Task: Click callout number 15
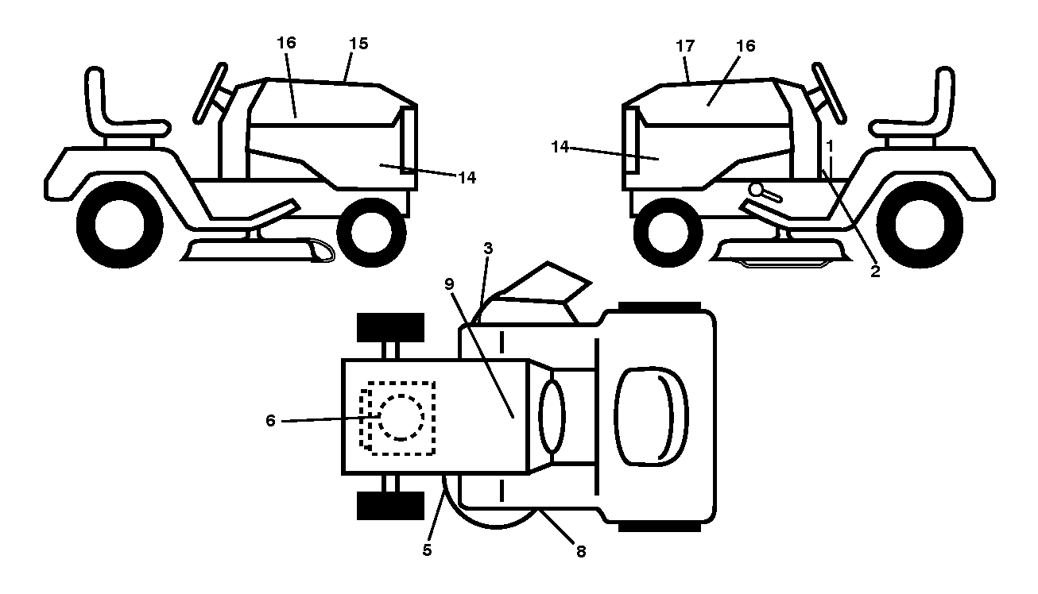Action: [x=358, y=44]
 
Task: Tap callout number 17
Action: [x=685, y=46]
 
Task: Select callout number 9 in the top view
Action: [x=449, y=284]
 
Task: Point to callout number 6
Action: [x=270, y=420]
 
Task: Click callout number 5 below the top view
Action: [x=428, y=550]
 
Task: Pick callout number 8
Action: [x=581, y=551]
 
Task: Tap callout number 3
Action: [x=488, y=249]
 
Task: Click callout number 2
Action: [x=875, y=272]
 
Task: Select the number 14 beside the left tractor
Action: [x=467, y=178]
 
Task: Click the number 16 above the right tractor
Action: [x=746, y=46]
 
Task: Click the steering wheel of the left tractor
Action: [x=211, y=93]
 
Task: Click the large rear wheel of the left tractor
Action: [x=119, y=224]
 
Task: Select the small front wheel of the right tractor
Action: [x=668, y=233]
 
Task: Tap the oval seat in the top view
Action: [x=651, y=416]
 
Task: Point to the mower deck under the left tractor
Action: [x=258, y=250]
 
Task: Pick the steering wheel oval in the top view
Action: [x=552, y=416]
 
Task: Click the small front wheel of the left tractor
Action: [x=372, y=233]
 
